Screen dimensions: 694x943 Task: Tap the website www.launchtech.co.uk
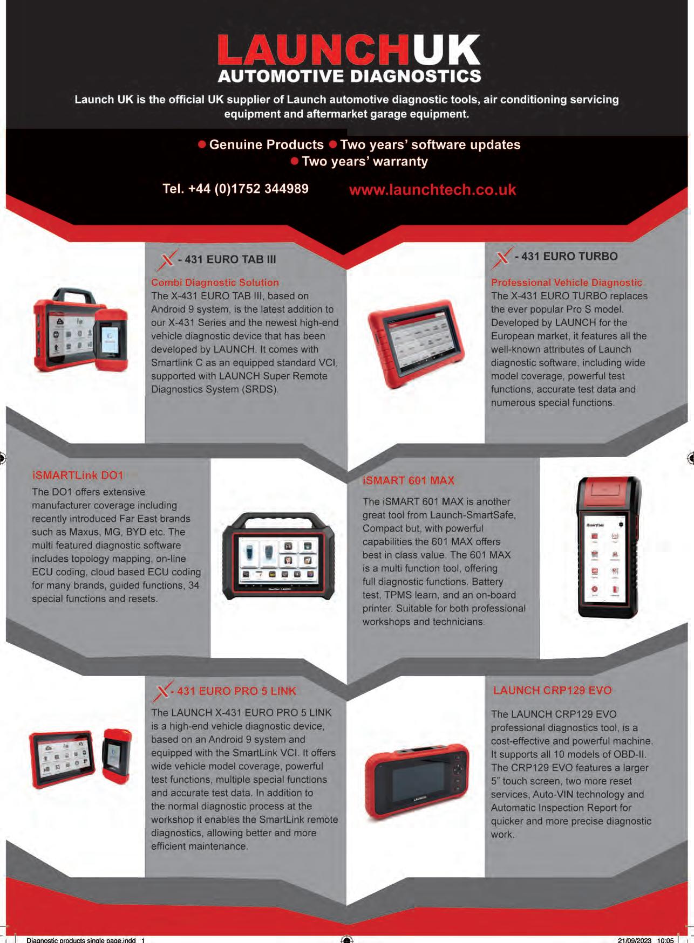432,190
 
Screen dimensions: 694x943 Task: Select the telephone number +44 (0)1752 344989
235,189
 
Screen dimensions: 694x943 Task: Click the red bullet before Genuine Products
202,144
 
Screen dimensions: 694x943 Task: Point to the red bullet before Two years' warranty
295,161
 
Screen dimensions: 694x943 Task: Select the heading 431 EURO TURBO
566,256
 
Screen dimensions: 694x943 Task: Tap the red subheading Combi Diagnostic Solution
215,282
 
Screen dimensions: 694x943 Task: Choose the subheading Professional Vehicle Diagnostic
566,282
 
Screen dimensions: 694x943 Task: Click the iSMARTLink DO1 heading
78,475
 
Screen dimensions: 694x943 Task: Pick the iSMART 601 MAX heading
409,480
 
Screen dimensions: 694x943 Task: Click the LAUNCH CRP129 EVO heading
552,690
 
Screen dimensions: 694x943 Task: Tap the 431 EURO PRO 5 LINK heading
236,691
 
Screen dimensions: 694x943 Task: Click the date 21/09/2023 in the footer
635,940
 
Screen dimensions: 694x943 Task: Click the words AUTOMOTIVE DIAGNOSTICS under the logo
349,75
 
